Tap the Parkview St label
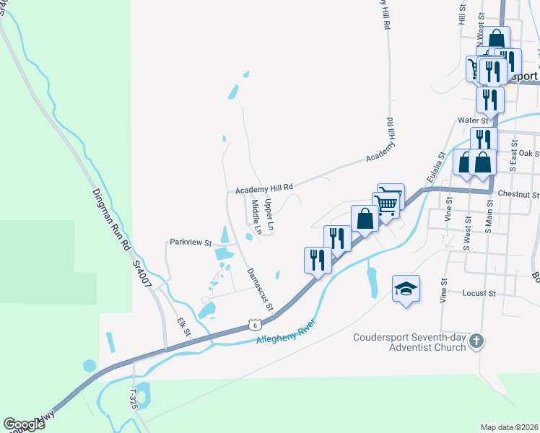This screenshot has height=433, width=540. pyautogui.click(x=189, y=242)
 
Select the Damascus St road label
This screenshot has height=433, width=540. pyautogui.click(x=260, y=289)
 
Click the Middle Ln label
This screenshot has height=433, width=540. pyautogui.click(x=255, y=211)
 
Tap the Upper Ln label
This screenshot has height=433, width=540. pyautogui.click(x=269, y=215)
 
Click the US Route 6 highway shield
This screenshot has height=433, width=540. pyautogui.click(x=256, y=325)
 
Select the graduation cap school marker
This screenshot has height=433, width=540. pyautogui.click(x=406, y=289)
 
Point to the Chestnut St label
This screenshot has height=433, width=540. pyautogui.click(x=518, y=195)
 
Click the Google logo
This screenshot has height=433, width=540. pyautogui.click(x=24, y=424)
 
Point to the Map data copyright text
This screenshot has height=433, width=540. pyautogui.click(x=509, y=427)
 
